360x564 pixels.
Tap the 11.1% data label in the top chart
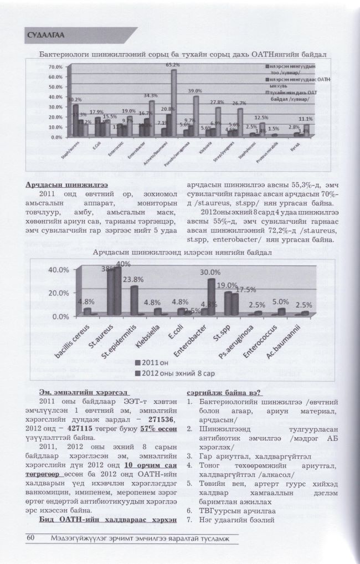pyautogui.click(x=306, y=119)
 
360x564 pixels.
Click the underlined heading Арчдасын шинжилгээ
pyautogui.click(x=66, y=184)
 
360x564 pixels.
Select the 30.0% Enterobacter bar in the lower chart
pyautogui.click(x=211, y=296)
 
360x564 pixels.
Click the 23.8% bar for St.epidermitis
pyautogui.click(x=134, y=300)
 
